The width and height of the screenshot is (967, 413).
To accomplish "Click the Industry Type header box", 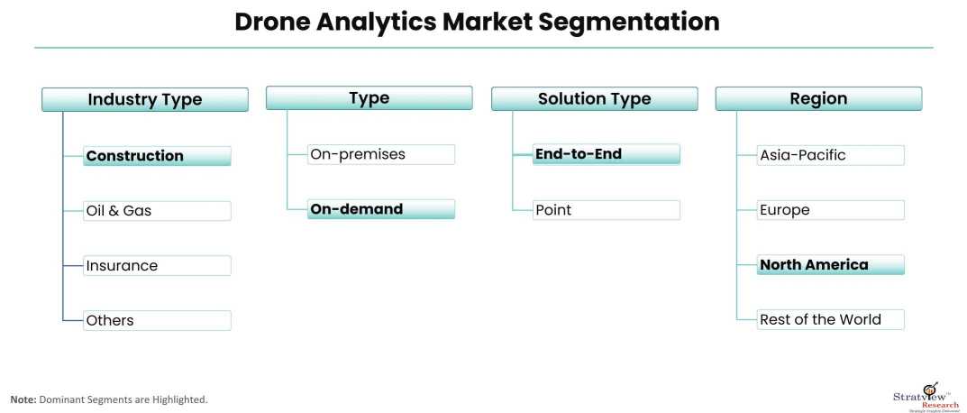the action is [x=145, y=99].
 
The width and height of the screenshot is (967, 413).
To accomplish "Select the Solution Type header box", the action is [x=595, y=99].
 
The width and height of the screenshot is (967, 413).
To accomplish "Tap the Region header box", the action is [x=818, y=99].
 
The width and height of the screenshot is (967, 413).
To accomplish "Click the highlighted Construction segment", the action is [x=157, y=156].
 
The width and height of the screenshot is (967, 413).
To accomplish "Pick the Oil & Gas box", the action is [x=157, y=210].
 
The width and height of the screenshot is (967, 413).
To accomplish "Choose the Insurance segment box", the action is [x=157, y=265].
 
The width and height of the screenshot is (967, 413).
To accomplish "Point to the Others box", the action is [x=157, y=320].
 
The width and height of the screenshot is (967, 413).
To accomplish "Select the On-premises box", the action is [x=381, y=154].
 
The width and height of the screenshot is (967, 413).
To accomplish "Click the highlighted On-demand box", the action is [x=381, y=209].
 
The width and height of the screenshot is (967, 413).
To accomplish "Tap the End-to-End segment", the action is [x=607, y=154].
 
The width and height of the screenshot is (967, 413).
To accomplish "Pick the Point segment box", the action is [x=607, y=210].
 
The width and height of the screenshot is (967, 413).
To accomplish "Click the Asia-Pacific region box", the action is [x=831, y=155].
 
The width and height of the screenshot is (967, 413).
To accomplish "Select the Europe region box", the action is [x=831, y=210].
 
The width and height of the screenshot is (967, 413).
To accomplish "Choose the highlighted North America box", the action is [x=831, y=265].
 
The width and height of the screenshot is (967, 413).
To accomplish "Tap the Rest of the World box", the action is [x=831, y=319].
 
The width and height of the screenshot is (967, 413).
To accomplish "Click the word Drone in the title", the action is [x=272, y=22].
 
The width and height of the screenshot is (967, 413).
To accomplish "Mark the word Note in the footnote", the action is [x=23, y=400].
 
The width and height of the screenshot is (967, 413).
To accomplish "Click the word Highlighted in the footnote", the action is [x=183, y=400].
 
